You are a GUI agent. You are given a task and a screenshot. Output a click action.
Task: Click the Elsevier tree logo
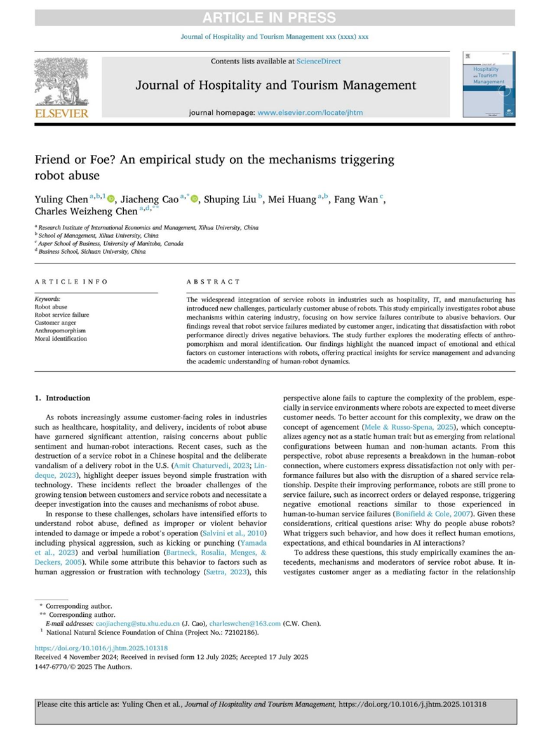click(61, 83)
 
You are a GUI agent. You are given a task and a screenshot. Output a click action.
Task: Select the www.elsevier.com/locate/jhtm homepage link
click(302, 113)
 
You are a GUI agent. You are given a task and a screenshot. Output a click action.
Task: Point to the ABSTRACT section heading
click(213, 282)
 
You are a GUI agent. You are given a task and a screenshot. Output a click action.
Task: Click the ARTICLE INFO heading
click(71, 282)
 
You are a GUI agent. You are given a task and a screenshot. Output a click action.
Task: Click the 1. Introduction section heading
click(63, 398)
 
